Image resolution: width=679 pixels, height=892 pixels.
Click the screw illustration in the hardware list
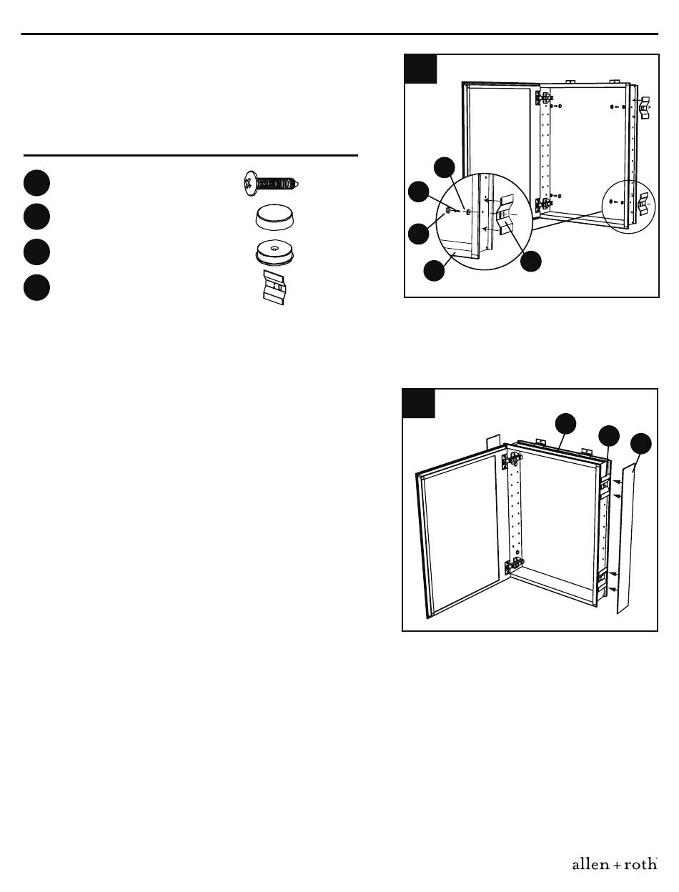271,184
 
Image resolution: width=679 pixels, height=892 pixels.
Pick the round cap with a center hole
274,252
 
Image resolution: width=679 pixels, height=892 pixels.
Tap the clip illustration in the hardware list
274,287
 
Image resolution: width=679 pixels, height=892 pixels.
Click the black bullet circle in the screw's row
36,183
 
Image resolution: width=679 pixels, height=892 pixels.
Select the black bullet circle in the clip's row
36,288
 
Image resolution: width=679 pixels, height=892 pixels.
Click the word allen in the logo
590,863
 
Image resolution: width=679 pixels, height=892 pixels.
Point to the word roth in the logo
641,863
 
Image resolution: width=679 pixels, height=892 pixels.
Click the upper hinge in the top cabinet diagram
544,98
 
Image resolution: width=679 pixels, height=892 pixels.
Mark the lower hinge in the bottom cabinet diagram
514,565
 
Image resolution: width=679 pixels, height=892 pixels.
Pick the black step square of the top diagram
420,69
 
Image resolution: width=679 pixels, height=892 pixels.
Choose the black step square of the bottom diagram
419,403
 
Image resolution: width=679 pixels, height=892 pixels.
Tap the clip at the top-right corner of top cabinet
643,107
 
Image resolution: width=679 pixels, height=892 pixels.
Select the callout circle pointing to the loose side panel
641,443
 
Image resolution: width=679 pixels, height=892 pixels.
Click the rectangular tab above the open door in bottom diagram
493,441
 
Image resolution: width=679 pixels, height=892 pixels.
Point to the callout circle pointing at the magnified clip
531,261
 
